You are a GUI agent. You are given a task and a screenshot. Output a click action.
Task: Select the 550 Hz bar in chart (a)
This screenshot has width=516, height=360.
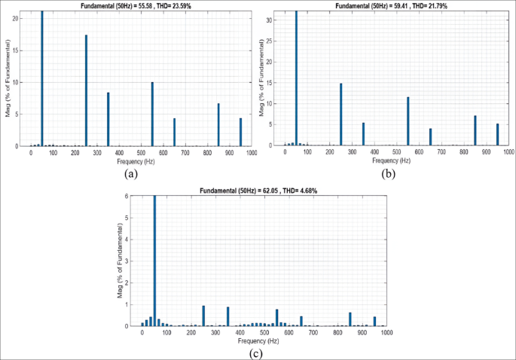152,114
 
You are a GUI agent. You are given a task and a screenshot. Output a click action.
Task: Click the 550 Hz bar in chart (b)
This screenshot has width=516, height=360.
408,121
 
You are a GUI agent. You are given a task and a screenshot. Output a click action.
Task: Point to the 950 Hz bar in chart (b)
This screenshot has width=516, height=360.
497,135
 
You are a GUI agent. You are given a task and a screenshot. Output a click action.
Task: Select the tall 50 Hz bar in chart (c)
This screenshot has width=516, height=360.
154,260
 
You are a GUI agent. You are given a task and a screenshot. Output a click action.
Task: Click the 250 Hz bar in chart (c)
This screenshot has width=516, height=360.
203,316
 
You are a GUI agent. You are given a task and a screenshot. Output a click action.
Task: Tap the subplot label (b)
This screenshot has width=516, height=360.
388,172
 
